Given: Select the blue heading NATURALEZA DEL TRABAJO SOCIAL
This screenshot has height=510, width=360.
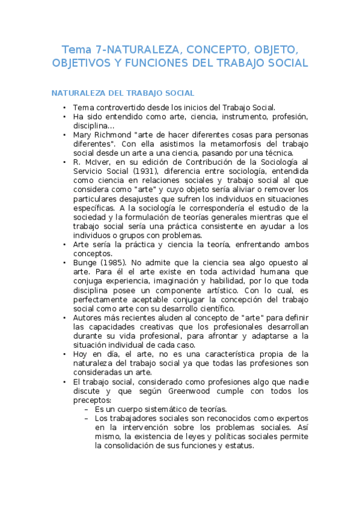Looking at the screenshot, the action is pos(123,93).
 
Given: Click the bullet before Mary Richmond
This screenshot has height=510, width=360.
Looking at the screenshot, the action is pos(64,135).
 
